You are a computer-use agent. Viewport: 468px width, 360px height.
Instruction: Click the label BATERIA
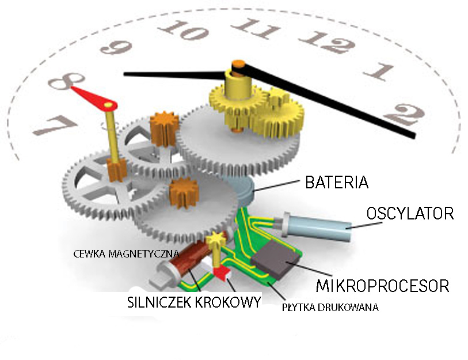tap(337, 183)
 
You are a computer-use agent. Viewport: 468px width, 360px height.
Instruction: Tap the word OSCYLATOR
tap(410, 214)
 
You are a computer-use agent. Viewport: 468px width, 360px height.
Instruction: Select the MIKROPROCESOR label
tap(382, 285)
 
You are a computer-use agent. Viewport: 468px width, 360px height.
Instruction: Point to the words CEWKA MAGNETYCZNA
tap(127, 253)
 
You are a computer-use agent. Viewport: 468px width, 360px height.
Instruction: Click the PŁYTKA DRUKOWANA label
tap(330, 308)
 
